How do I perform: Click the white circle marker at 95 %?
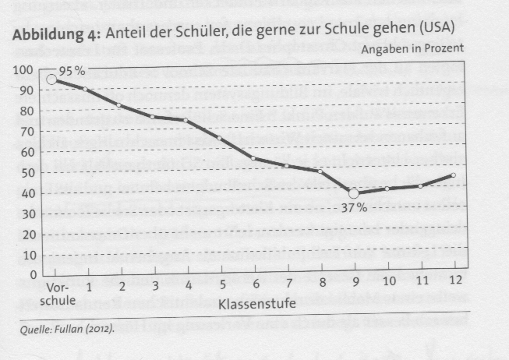click(x=52, y=79)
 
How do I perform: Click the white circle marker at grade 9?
click(x=353, y=193)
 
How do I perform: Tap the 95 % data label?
click(x=72, y=70)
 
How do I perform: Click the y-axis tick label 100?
click(x=26, y=70)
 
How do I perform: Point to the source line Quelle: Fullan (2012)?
click(x=63, y=329)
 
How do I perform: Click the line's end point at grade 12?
click(x=454, y=175)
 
